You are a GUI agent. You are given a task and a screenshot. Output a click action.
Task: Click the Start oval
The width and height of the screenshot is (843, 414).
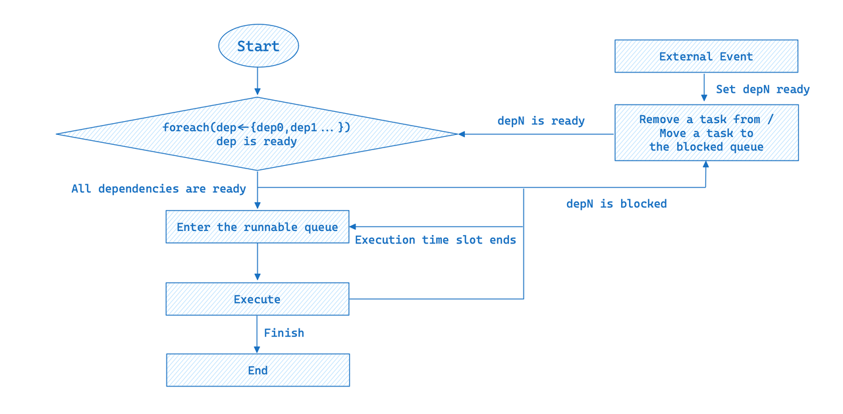point(258,46)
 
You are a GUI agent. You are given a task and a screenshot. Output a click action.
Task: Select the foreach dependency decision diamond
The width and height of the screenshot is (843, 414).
point(257,134)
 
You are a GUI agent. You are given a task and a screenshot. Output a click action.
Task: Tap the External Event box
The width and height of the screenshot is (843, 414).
point(706,57)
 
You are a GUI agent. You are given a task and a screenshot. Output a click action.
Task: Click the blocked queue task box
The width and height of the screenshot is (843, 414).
point(706,133)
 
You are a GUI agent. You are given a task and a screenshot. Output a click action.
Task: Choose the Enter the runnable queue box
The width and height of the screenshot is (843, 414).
point(257,227)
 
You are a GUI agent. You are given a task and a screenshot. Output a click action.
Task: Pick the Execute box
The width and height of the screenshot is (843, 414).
point(257,299)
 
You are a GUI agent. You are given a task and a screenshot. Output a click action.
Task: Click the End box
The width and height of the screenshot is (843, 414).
point(258,371)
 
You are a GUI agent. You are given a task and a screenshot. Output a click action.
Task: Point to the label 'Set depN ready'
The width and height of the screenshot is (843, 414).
point(763,90)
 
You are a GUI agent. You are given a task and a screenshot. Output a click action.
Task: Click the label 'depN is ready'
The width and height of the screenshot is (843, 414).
point(541,121)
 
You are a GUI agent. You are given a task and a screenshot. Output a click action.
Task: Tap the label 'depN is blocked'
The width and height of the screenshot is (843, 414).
point(616,204)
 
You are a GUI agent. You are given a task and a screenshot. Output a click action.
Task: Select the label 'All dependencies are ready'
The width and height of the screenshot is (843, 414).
point(159,189)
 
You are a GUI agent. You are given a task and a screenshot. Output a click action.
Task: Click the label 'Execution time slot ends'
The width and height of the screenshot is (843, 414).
point(435,240)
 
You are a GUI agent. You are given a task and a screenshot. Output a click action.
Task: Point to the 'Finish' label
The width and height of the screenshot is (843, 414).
point(284,333)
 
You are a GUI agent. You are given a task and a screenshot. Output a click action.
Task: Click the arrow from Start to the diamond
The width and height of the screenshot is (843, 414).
point(258,82)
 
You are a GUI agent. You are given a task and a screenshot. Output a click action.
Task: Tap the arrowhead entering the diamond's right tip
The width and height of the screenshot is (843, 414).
point(462,134)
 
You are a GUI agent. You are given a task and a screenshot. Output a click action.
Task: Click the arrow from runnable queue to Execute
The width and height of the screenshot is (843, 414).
point(258,263)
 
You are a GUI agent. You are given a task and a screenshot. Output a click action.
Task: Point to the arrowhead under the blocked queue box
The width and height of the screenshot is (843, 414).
point(705,165)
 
